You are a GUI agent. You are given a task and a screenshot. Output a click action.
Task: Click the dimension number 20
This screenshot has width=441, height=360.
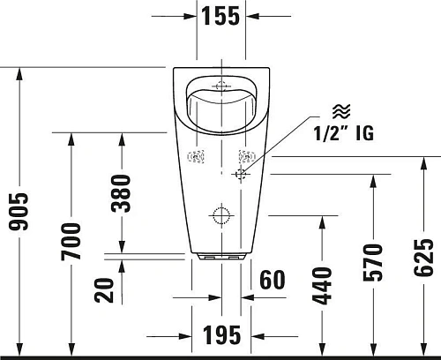point(105,289)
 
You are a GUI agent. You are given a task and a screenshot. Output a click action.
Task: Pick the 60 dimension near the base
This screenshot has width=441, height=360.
point(273,280)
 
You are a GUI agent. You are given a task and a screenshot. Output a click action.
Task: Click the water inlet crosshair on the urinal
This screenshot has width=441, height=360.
point(239,175)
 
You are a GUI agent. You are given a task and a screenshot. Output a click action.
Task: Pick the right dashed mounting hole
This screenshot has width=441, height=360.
point(244,158)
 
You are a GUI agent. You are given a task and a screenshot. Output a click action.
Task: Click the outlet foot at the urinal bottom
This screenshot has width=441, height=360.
point(220,258)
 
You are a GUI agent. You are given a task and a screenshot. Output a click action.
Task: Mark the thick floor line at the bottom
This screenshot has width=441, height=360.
point(220,357)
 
